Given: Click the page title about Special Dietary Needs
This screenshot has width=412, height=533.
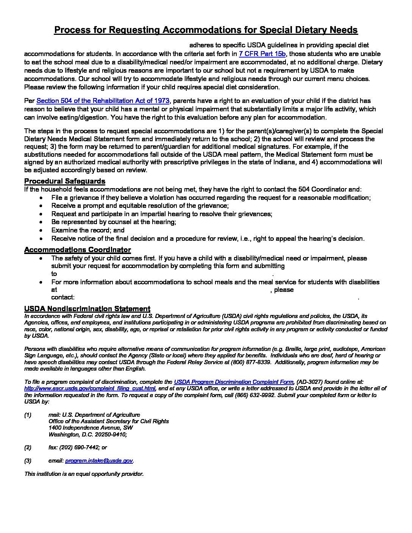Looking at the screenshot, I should click(x=206, y=30).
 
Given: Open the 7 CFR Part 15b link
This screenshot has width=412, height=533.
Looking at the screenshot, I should click(x=262, y=54).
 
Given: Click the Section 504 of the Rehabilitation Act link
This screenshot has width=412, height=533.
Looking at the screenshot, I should click(x=103, y=101).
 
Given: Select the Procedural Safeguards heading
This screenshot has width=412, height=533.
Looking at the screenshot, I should click(x=65, y=181).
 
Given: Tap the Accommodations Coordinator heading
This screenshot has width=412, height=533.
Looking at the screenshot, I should click(x=78, y=250).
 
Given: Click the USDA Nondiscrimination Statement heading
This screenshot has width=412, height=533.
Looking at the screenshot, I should click(x=87, y=309).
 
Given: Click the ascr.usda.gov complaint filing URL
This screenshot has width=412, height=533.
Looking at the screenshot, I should click(x=90, y=388).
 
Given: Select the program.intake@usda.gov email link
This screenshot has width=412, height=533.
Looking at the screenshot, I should click(x=99, y=461).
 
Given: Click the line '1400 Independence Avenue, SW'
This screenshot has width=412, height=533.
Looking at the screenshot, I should click(x=91, y=428).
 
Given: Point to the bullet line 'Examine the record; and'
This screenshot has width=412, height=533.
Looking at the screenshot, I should click(x=88, y=230).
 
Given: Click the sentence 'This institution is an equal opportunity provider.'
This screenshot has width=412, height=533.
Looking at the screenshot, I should click(x=84, y=474).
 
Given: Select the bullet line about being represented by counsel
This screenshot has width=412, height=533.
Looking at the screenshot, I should click(x=114, y=222).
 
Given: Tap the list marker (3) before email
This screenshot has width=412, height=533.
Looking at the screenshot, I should click(x=28, y=461).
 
